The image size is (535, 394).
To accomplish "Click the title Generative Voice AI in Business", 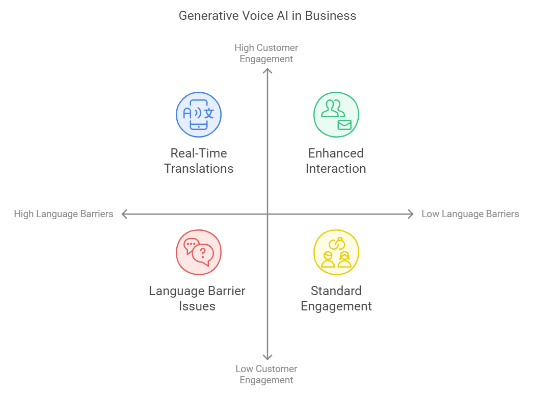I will pos(267,16).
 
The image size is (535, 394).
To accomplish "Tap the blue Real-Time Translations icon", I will pos(199,115).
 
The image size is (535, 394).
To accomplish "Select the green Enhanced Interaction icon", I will pos(336,115).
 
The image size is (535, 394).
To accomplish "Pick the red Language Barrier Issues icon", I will pos(199,252).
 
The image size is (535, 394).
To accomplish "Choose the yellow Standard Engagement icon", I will pos(336,252).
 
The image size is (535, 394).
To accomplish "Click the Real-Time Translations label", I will pos(199,161).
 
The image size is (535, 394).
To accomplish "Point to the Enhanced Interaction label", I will pos(336,161).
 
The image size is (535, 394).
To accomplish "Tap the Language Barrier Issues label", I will pos(197,298).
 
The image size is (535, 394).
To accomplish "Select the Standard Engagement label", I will pos(336,298).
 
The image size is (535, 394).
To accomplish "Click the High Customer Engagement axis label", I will pos(266,53).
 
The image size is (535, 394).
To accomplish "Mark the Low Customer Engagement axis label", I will pos(266,374).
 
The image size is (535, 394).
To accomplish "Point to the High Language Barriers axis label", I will pos(63,214).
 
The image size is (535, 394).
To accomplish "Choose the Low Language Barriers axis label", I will pos(470,214).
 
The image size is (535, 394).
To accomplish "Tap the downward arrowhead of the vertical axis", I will pos(267,358).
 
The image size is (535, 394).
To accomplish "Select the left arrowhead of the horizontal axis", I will pos(123,214).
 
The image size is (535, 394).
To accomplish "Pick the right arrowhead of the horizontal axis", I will pos(411,214).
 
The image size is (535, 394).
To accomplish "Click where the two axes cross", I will pos(267,214).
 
